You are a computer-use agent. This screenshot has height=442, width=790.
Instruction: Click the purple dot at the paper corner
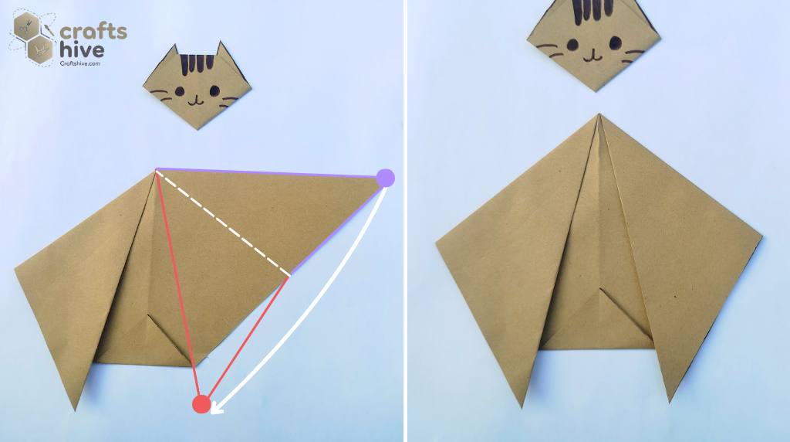pyautogui.click(x=385, y=178)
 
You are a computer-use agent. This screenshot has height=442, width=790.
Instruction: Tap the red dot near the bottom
pyautogui.click(x=201, y=403)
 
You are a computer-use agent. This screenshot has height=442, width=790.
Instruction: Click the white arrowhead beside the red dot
pyautogui.click(x=217, y=406)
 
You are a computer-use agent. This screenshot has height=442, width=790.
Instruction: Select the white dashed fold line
pyautogui.click(x=224, y=223)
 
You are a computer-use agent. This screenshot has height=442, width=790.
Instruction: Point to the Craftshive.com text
pyautogui.click(x=80, y=63)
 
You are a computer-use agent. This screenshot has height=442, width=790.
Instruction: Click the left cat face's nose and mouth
pyautogui.click(x=194, y=98)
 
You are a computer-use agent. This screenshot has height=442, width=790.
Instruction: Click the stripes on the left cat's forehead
pyautogui.click(x=194, y=64)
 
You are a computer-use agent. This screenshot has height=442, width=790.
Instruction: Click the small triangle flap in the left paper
pyautogui.click(x=167, y=333)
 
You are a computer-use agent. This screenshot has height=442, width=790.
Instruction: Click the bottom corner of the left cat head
pyautogui.click(x=198, y=128)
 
